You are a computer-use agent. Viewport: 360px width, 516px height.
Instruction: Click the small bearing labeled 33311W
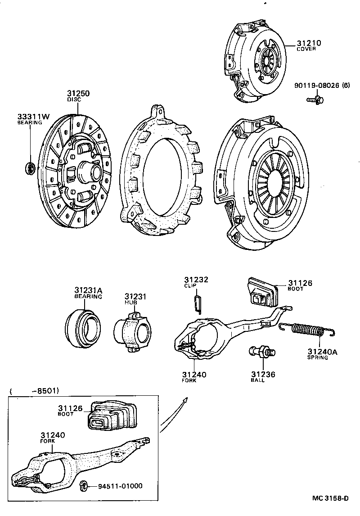(30, 168)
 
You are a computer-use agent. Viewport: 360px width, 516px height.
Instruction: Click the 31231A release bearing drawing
(82, 322)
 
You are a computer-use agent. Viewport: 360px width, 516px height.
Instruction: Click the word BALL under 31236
(257, 380)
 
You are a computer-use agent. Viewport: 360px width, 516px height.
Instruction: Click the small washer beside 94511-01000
(83, 485)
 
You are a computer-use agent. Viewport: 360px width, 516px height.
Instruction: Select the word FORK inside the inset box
(47, 441)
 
